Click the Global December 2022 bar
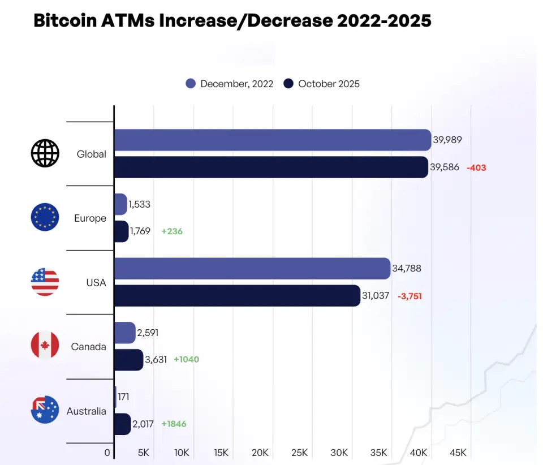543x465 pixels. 272,140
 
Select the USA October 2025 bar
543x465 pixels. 237,295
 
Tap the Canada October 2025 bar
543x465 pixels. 128,360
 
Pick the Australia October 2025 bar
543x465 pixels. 122,424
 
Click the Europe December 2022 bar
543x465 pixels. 120,204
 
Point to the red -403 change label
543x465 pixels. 476,167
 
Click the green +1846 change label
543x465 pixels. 174,424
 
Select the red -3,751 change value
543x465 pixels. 410,295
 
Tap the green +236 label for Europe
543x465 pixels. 172,231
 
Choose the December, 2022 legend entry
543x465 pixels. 230,84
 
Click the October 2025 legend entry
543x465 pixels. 322,84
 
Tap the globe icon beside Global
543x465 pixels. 45,153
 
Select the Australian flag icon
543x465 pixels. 45,410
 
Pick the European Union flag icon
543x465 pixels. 45,217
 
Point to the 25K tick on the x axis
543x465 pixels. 299,453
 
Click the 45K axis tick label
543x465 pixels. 458,453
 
